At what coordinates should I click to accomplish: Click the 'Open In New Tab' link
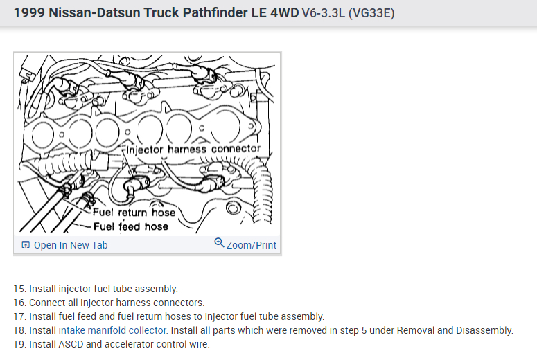[x=71, y=245]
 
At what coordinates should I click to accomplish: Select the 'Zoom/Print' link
[x=251, y=245]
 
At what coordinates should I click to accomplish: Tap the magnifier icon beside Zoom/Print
[x=219, y=244]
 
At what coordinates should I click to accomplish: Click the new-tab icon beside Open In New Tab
[x=26, y=245]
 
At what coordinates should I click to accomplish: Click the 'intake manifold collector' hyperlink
[x=112, y=330]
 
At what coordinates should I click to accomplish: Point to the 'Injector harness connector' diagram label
[x=193, y=149]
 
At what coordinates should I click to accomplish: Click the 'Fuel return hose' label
[x=134, y=213]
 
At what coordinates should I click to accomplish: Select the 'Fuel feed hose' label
[x=130, y=226]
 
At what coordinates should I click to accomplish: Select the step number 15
[x=19, y=289]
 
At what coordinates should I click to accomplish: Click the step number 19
[x=19, y=344]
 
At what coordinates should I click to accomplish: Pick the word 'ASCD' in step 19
[x=73, y=344]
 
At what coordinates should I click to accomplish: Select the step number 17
[x=19, y=316]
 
